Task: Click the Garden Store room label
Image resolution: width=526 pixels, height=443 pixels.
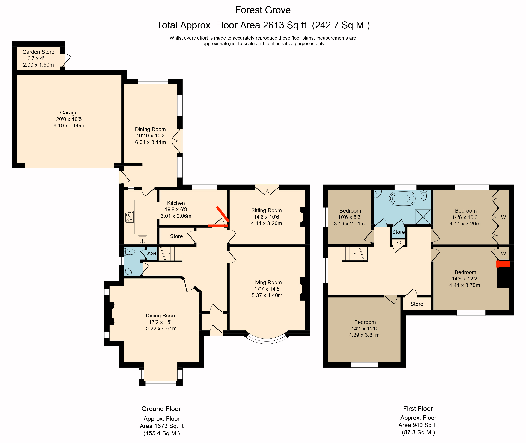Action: point(38,52)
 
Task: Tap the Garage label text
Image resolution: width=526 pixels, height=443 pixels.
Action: point(69,113)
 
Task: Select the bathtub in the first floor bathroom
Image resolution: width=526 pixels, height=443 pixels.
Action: point(402,198)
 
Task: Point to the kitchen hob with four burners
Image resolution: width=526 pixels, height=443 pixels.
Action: point(129,217)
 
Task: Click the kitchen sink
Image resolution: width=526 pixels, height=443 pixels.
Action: point(142,240)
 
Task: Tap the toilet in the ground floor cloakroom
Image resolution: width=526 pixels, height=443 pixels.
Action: point(130,252)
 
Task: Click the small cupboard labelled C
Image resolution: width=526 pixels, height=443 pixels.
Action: point(399,243)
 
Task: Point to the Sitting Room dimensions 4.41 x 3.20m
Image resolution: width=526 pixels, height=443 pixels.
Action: point(267,223)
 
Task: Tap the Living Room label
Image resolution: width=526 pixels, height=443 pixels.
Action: point(267,283)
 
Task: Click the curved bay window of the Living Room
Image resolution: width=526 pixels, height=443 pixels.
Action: point(267,341)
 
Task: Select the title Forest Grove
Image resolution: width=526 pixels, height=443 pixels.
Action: point(263,10)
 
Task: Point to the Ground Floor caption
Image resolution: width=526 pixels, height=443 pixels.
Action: point(161,409)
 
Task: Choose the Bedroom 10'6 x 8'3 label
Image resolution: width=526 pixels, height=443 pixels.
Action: point(350,211)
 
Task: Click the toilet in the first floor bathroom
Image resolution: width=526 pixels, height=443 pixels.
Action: point(424,195)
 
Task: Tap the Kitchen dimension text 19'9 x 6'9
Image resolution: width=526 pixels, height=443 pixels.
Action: point(176,210)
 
